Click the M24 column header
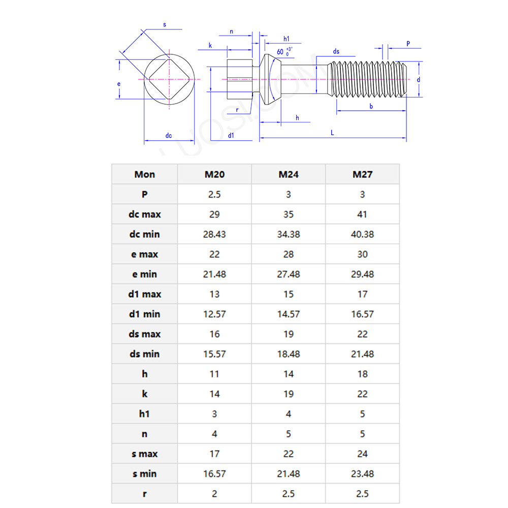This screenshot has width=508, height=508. click(289, 174)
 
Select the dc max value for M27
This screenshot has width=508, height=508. click(362, 214)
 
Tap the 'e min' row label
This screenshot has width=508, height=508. click(144, 274)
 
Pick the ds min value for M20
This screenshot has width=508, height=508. click(214, 354)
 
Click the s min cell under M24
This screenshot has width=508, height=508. click(289, 474)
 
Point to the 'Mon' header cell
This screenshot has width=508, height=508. click(144, 174)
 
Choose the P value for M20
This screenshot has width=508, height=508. click(214, 195)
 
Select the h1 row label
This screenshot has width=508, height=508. click(144, 414)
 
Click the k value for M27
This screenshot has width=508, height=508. click(362, 394)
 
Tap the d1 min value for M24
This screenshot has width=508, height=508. click(289, 314)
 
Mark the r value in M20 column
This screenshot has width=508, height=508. click(214, 494)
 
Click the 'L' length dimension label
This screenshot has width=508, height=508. click(332, 132)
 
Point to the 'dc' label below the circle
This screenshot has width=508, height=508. click(169, 136)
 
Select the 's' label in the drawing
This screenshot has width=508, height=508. click(164, 24)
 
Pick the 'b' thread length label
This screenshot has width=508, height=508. click(371, 106)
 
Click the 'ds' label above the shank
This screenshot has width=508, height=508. click(336, 52)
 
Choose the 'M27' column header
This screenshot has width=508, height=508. click(362, 174)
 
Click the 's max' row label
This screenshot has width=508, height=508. click(144, 454)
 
